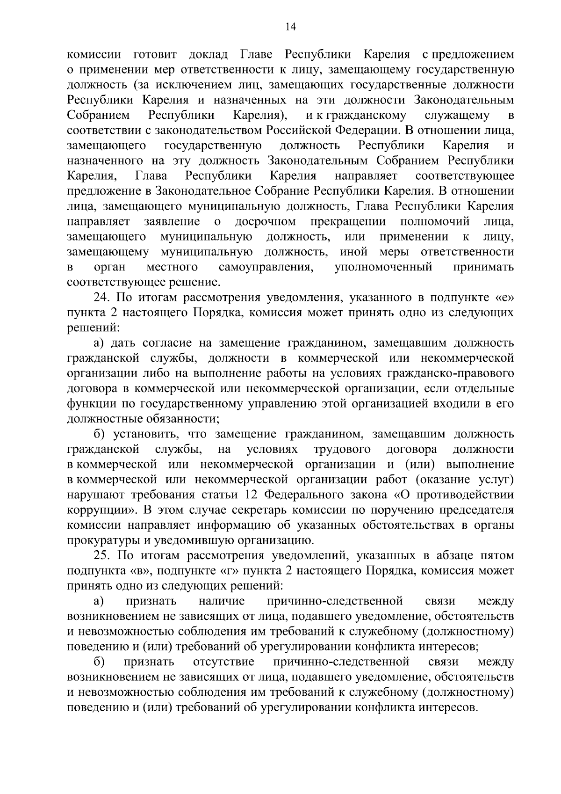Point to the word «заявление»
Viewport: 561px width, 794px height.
pos(172,221)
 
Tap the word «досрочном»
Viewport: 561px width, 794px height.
pos(265,221)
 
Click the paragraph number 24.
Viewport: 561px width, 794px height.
pos(101,298)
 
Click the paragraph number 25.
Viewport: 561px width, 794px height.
pos(101,556)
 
